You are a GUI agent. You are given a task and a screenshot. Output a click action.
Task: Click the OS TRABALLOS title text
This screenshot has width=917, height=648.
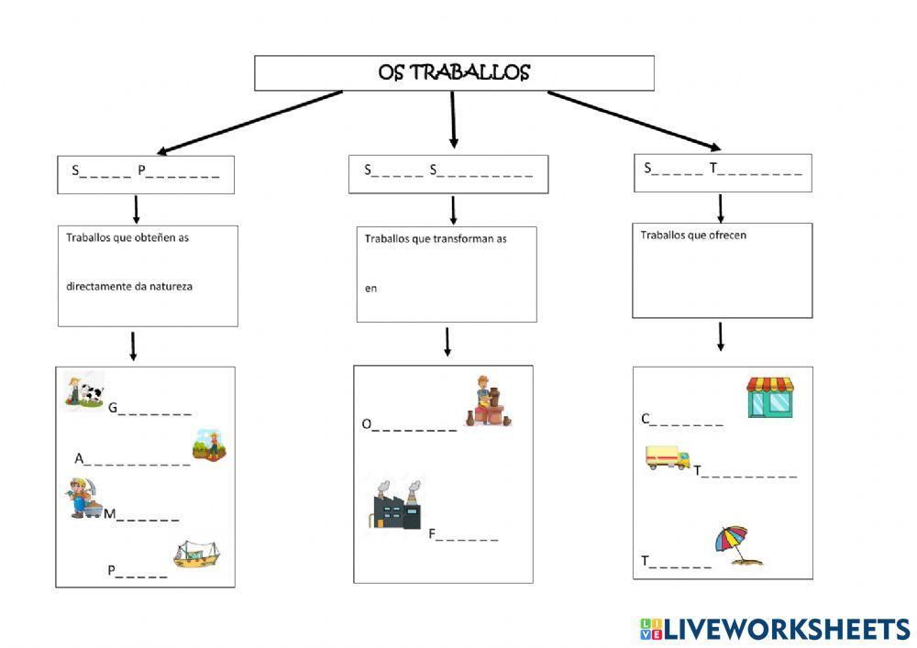pyautogui.click(x=454, y=72)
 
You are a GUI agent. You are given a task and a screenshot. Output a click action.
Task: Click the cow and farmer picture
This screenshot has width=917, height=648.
pyautogui.click(x=84, y=390)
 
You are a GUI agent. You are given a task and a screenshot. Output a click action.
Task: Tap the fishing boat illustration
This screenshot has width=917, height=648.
pyautogui.click(x=198, y=554)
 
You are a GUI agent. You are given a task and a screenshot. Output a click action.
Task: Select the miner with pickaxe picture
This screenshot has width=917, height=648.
pyautogui.click(x=83, y=499)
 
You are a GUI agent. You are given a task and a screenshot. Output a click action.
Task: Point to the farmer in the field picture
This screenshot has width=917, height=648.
pyautogui.click(x=209, y=445)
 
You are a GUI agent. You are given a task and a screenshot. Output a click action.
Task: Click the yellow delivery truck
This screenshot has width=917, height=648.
pyautogui.click(x=668, y=458)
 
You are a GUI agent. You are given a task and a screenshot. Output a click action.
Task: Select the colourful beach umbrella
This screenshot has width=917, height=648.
pyautogui.click(x=740, y=545)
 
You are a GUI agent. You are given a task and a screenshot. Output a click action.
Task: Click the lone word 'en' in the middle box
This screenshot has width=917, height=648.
pyautogui.click(x=370, y=289)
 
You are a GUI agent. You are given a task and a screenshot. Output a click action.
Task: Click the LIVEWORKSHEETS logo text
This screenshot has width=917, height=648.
pyautogui.click(x=786, y=629)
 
